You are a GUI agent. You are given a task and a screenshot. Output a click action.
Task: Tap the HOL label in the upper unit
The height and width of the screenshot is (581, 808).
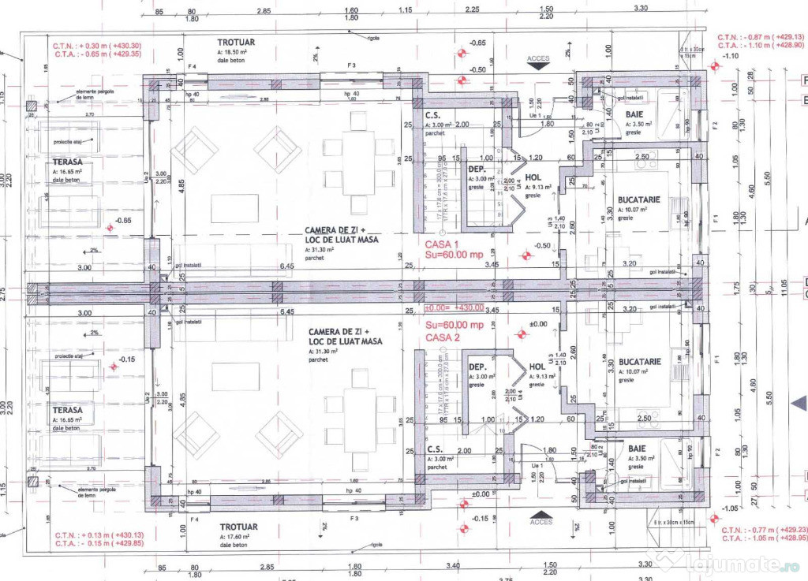(x=534, y=178)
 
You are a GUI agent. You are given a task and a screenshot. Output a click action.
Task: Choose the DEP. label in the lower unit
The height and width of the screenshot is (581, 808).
(x=477, y=367)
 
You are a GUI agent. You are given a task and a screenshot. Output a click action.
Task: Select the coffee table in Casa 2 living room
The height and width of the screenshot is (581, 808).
(x=235, y=376)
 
